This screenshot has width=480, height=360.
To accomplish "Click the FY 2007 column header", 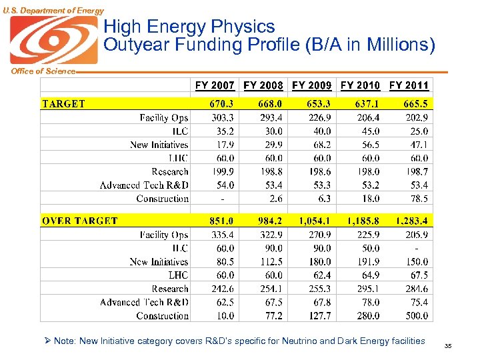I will [x=215, y=85].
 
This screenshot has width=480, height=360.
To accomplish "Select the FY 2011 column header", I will [x=409, y=85].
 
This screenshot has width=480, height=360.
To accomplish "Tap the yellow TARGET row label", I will [x=64, y=103].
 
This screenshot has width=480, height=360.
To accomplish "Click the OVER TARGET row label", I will [x=79, y=221].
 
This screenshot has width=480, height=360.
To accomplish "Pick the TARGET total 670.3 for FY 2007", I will [x=221, y=103].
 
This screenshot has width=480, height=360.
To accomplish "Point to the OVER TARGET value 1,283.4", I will [x=411, y=221].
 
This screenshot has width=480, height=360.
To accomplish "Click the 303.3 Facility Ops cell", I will [x=223, y=117].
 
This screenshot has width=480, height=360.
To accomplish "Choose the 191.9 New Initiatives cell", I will [x=368, y=262].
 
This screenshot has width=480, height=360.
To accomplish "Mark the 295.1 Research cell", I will [x=368, y=289].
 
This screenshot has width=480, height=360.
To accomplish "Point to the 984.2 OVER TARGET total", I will [x=270, y=221].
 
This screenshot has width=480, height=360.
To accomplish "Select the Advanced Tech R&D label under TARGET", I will [x=144, y=185].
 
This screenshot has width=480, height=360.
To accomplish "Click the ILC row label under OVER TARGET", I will [x=179, y=248].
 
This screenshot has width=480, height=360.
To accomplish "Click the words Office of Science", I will [x=38, y=71].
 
